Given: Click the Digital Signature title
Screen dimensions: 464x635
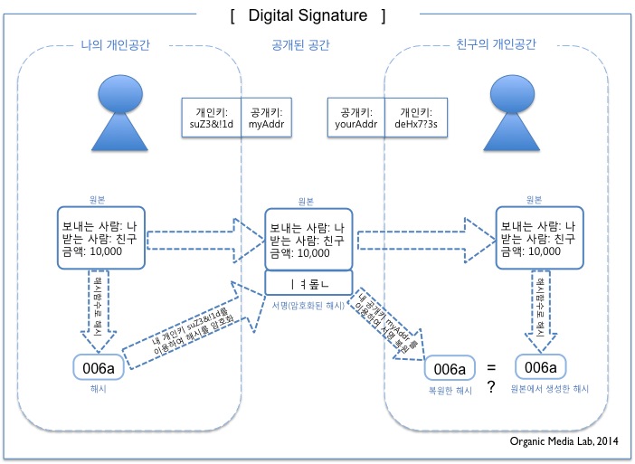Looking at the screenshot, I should click(x=308, y=15).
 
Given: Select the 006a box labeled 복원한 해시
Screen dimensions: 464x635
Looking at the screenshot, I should click(x=450, y=368).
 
